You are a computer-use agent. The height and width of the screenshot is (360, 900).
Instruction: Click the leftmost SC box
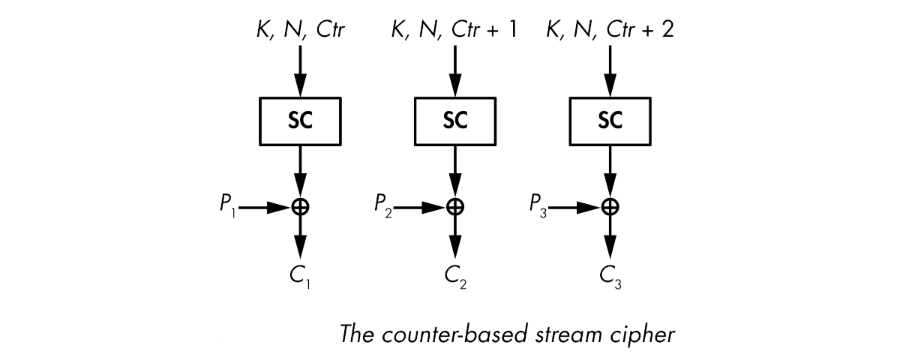[x=300, y=121]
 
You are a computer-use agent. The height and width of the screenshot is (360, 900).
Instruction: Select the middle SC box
[x=454, y=121]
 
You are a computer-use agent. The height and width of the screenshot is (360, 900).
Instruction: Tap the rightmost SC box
[x=610, y=121]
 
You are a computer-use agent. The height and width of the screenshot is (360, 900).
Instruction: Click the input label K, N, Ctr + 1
[x=454, y=31]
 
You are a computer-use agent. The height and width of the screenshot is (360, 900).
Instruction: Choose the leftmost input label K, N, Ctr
[x=300, y=31]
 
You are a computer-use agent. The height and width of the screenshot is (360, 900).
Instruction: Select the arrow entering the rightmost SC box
[x=610, y=71]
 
